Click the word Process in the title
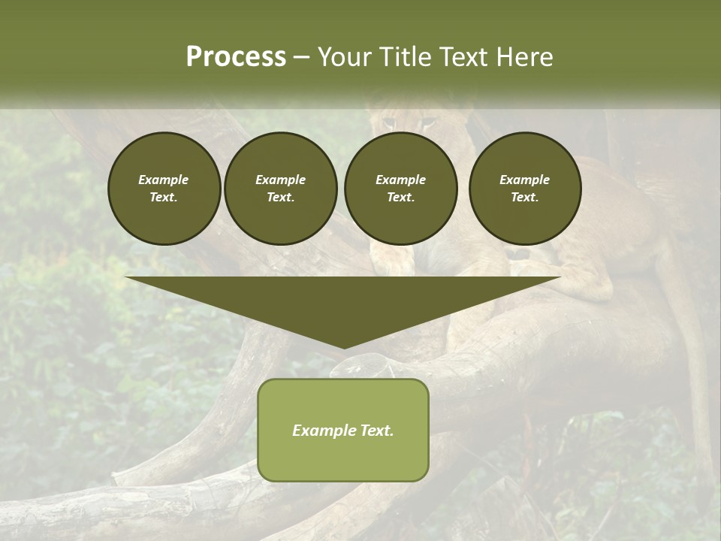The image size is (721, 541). tap(236, 57)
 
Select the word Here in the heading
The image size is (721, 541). tap(526, 57)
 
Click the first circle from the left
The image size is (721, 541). tap(164, 189)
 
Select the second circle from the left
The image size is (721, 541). tap(280, 189)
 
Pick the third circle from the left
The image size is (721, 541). tap(400, 189)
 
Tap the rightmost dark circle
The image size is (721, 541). tap(524, 189)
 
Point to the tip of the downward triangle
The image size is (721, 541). tap(343, 347)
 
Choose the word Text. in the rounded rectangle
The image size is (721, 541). tap(376, 431)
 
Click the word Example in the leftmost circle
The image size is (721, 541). tap(164, 180)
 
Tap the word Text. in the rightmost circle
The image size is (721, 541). tap(524, 197)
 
